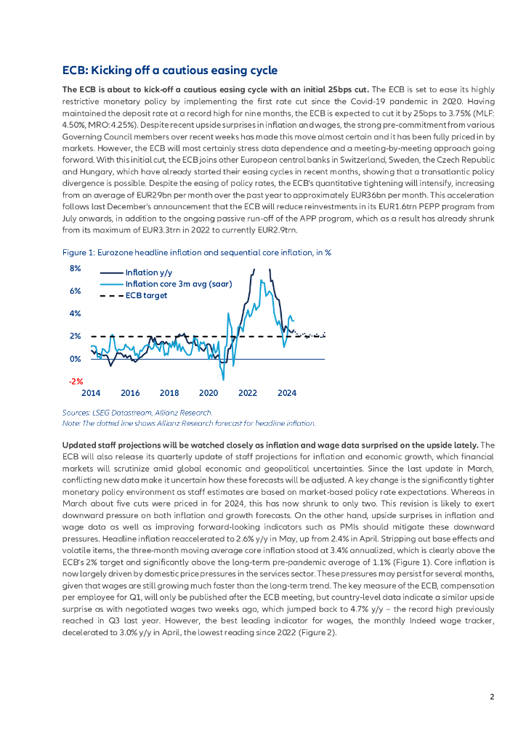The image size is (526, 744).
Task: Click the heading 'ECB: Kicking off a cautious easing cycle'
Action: tap(169, 70)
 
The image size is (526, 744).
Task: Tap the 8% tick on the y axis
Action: tap(76, 269)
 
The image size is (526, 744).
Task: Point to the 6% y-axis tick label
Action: tap(76, 291)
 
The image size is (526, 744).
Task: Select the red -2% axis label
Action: tap(76, 381)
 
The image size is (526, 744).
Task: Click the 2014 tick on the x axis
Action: tap(91, 393)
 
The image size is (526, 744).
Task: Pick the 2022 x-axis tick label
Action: tap(248, 393)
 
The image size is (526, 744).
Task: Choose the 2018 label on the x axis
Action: tap(169, 393)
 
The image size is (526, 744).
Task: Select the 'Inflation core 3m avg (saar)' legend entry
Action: tap(178, 284)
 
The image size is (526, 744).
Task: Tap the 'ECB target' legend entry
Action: tap(146, 296)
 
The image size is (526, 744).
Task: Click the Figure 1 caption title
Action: tap(197, 252)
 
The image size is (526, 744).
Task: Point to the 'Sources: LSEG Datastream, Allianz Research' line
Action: tap(137, 413)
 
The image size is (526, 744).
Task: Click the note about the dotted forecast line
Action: tap(189, 422)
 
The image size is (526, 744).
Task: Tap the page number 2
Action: tap(492, 697)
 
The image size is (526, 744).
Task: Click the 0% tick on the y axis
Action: tap(76, 359)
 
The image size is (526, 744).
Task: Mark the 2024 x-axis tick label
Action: tap(287, 393)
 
